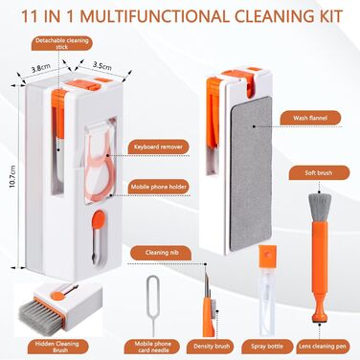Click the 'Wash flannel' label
pos(310,118)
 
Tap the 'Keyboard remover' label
pos(158,147)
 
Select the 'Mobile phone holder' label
pos(159,187)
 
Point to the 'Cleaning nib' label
pos(162,253)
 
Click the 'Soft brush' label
pos(319,173)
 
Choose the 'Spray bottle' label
pos(267,347)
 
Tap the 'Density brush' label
pos(212,347)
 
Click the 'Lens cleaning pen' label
pos(323,347)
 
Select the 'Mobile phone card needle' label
pos(152,347)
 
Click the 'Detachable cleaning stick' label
pos(61,43)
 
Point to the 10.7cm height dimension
pos(13,176)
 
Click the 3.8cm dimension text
pos(40,68)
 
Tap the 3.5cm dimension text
pos(102,66)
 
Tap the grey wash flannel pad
pos(251,173)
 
